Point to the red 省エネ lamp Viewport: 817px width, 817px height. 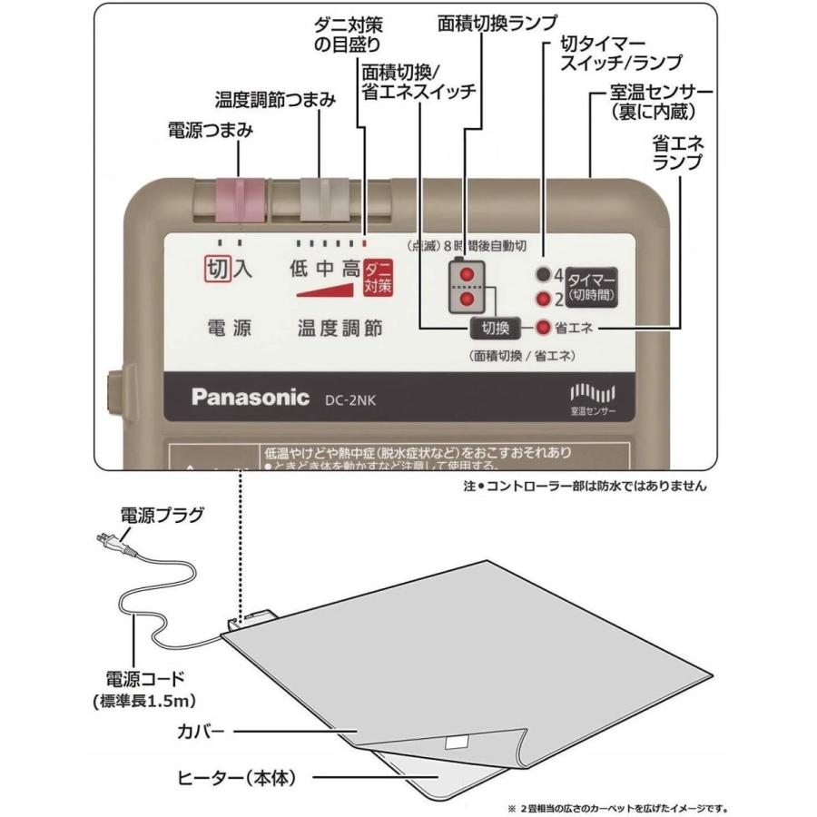point(542,328)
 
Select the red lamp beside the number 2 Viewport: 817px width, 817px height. point(543,299)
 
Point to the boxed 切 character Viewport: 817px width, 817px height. point(217,269)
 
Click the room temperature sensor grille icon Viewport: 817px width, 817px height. point(594,393)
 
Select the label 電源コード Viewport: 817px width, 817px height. point(145,678)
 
